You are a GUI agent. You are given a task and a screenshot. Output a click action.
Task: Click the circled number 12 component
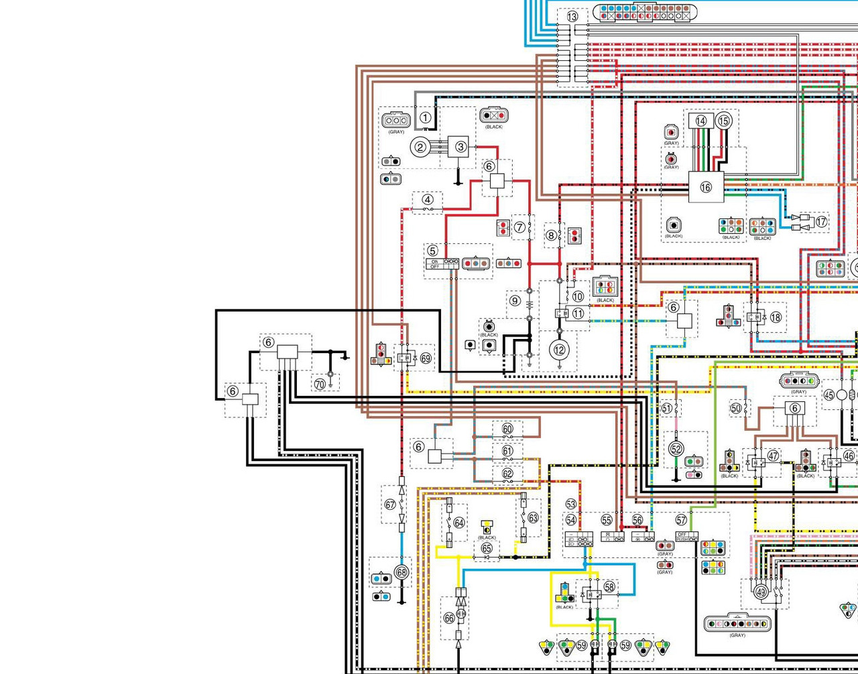point(559,349)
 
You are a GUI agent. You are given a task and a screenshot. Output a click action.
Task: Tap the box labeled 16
point(706,187)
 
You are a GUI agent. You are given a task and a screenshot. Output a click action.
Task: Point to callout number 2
point(421,147)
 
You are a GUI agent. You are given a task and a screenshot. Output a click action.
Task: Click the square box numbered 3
point(461,146)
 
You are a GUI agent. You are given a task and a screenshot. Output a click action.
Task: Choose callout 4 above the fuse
point(428,200)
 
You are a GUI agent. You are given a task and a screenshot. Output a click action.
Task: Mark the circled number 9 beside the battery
point(515,301)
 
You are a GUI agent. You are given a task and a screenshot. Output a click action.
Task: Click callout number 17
point(822,222)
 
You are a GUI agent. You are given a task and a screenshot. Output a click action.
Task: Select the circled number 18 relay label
point(776,317)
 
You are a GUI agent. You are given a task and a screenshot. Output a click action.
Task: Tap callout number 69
point(426,358)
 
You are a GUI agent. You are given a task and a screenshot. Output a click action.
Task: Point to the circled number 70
point(320,384)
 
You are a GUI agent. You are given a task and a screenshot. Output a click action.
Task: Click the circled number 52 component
point(676,449)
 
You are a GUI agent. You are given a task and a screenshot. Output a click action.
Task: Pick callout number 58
point(609,586)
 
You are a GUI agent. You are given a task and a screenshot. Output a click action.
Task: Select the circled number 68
point(402,573)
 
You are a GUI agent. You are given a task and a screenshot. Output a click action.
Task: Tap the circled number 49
point(760,592)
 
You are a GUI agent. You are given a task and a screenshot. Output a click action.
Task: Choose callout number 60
point(507,429)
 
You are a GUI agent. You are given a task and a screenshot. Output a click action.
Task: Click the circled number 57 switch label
point(681,520)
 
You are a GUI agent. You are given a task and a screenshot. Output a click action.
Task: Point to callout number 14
point(701,121)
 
